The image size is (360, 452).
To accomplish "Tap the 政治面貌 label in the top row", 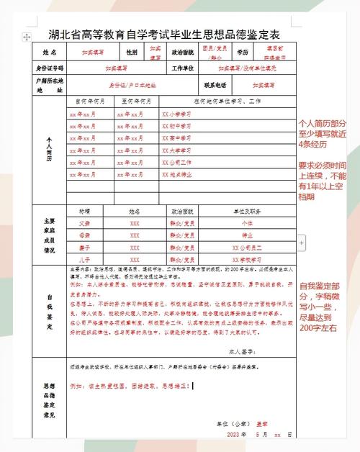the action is [182, 53].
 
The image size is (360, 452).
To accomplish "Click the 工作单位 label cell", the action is [184, 68].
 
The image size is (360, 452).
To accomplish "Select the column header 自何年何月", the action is [86, 101].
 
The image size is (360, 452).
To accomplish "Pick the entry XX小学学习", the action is [177, 114].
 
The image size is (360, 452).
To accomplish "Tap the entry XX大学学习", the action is [177, 152].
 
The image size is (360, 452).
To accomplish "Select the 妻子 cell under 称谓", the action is [85, 248].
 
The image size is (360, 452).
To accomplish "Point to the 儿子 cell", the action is [85, 259].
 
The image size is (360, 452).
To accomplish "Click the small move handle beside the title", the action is [27, 35].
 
